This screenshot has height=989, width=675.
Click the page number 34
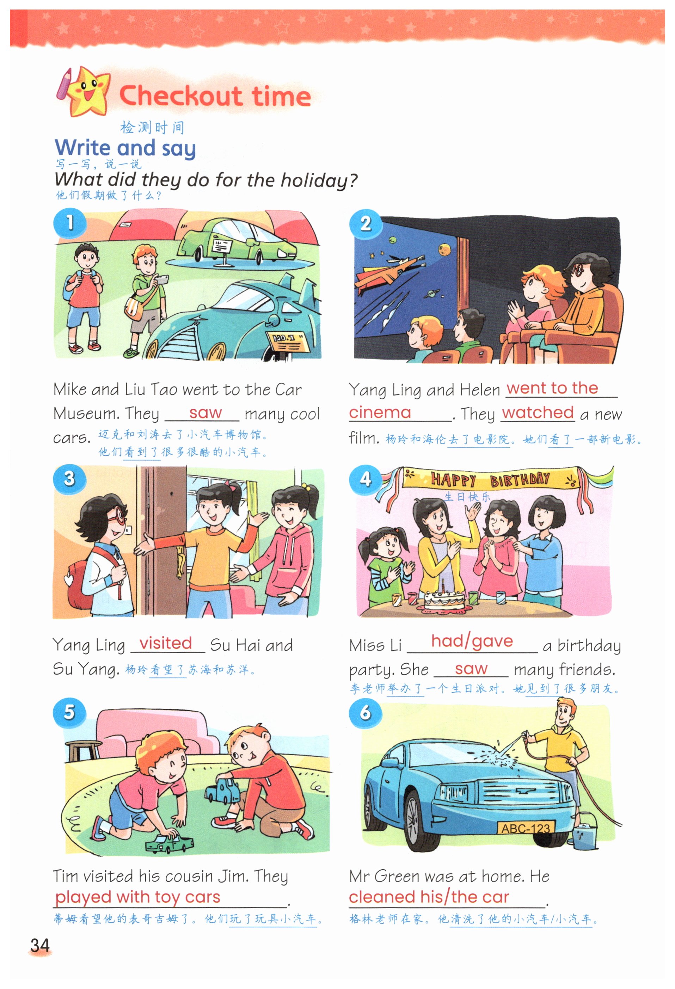pyautogui.click(x=40, y=945)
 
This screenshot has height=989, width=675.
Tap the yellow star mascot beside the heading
pyautogui.click(x=87, y=92)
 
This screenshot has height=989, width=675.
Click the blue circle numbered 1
pyautogui.click(x=69, y=222)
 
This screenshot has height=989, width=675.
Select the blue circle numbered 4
pyautogui.click(x=365, y=480)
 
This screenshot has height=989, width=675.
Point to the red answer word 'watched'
pyautogui.click(x=538, y=412)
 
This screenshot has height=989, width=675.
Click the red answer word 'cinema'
pyautogui.click(x=380, y=412)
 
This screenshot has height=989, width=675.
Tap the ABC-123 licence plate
pyautogui.click(x=526, y=828)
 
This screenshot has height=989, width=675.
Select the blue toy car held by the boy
pyautogui.click(x=223, y=791)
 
